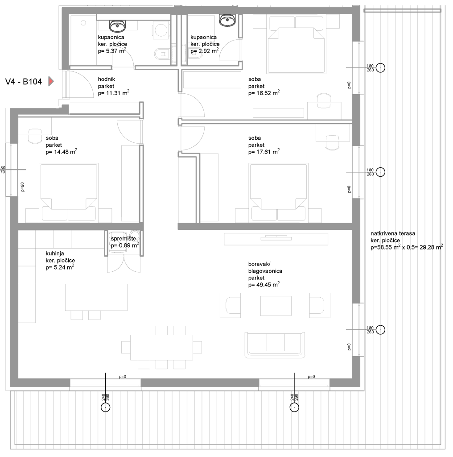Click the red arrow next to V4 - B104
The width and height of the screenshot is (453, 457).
coord(51,81)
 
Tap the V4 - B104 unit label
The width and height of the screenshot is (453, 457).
coord(24,82)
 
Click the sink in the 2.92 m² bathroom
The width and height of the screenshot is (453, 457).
coord(227,21)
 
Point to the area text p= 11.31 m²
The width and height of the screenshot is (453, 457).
coord(114,93)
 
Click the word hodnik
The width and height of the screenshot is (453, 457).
coord(107,79)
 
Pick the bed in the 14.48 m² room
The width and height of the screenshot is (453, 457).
coord(69,192)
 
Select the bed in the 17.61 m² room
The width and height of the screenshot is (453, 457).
coord(278,192)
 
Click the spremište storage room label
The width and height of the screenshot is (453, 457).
coord(124,239)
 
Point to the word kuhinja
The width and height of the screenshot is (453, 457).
coord(55,253)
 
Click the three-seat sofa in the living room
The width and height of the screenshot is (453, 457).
coord(275,345)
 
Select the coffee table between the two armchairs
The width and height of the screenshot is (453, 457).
coord(276,306)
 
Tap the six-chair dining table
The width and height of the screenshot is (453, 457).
coord(161,347)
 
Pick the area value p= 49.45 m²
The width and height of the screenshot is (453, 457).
coord(264,285)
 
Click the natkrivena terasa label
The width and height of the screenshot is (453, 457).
coord(393,233)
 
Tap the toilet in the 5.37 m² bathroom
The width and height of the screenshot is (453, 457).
coord(161,54)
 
